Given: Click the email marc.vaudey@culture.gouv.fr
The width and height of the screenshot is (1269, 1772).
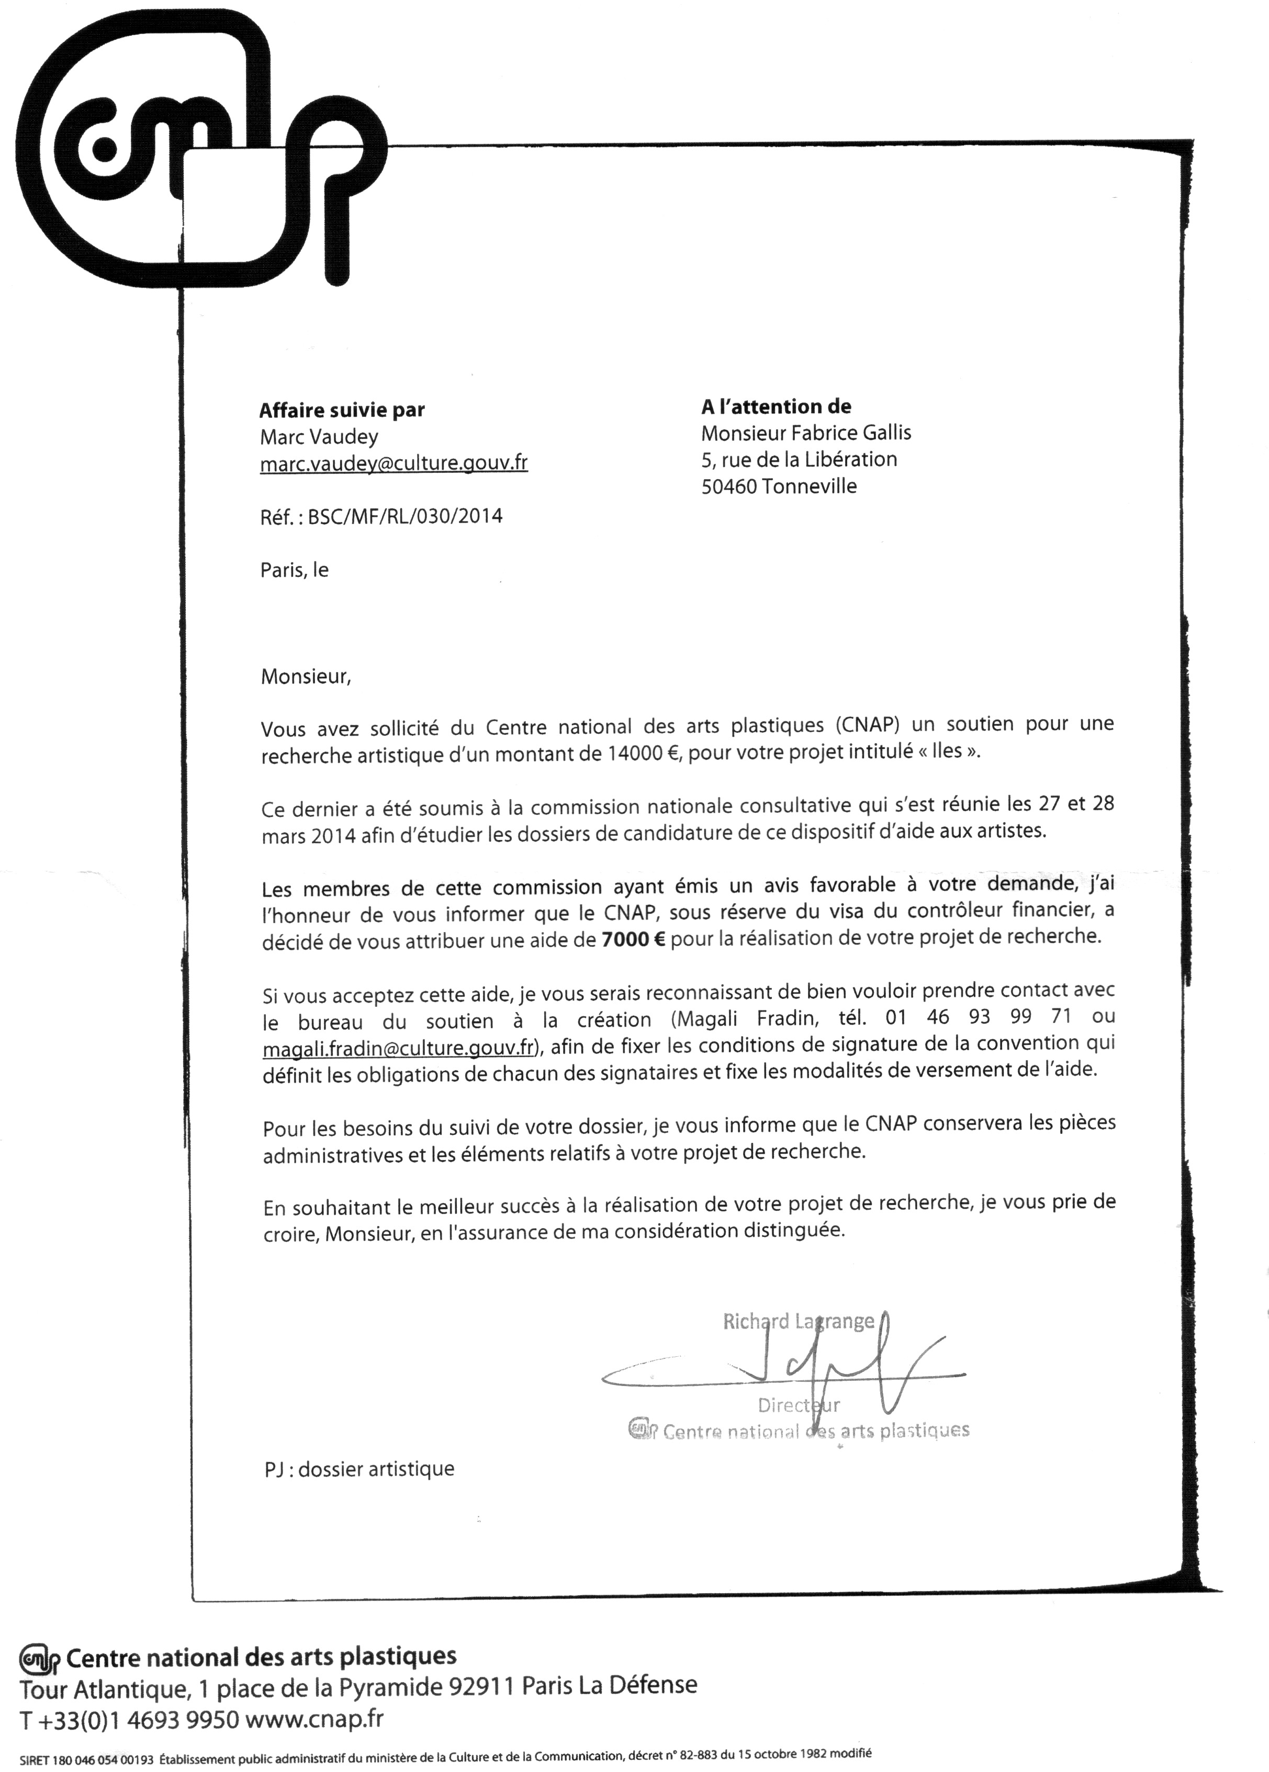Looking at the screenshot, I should [393, 463].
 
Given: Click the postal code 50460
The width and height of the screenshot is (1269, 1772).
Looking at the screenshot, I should [728, 486].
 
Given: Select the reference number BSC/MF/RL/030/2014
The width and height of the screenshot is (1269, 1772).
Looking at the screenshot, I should [405, 516].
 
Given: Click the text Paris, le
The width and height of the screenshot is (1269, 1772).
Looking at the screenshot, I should [294, 570].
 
